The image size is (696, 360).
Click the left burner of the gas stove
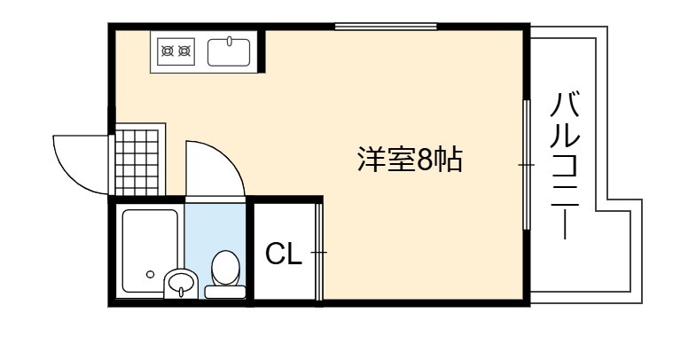click(x=168, y=51)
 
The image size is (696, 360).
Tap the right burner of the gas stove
click(x=184, y=51)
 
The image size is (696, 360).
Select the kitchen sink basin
click(x=229, y=52)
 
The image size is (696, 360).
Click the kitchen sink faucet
click(x=230, y=42)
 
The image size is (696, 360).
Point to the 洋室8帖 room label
click(x=411, y=159)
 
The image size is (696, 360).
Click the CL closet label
click(x=284, y=254)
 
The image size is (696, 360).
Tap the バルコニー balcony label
click(x=565, y=165)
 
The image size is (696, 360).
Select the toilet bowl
click(x=225, y=268)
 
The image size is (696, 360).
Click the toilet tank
click(x=225, y=292)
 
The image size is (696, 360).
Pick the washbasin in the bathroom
click(x=181, y=283)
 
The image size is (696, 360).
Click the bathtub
click(x=150, y=251)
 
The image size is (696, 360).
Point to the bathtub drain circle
click(x=151, y=274)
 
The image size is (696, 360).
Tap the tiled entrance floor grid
click(x=137, y=162)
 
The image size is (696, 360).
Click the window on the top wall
click(x=386, y=27)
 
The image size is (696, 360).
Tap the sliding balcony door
click(x=527, y=165)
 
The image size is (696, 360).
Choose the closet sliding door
click(x=319, y=252)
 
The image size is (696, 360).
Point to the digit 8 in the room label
click(x=425, y=160)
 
